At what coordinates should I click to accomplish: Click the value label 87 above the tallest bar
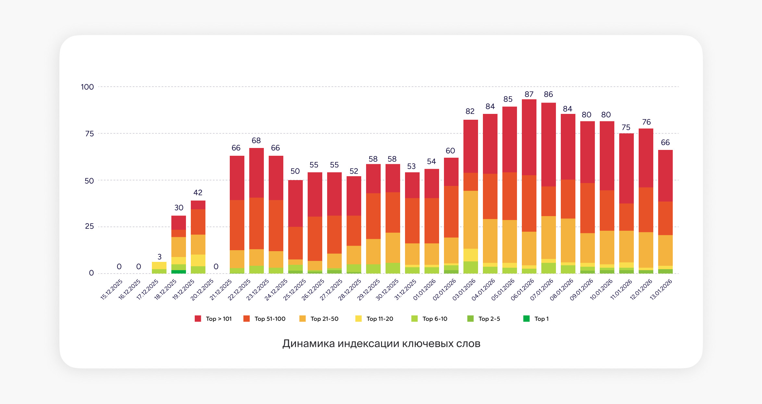click(529, 94)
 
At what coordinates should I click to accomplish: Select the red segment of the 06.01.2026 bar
click(529, 137)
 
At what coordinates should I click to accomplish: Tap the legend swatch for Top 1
click(526, 319)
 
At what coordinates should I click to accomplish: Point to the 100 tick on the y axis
click(87, 87)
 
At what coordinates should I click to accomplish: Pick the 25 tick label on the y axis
click(89, 226)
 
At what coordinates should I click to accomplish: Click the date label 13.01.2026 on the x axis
click(661, 290)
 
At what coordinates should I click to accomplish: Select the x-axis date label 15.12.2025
click(111, 290)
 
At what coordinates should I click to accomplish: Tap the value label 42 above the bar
click(198, 192)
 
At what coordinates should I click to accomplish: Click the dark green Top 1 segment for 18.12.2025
click(178, 272)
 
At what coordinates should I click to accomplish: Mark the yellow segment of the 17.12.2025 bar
click(159, 265)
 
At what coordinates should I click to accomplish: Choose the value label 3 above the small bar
click(159, 257)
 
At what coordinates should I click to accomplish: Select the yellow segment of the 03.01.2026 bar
click(471, 255)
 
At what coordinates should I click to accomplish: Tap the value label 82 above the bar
click(470, 111)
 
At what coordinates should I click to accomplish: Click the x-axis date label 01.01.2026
click(424, 290)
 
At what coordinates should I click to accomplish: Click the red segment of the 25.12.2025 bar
click(295, 203)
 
